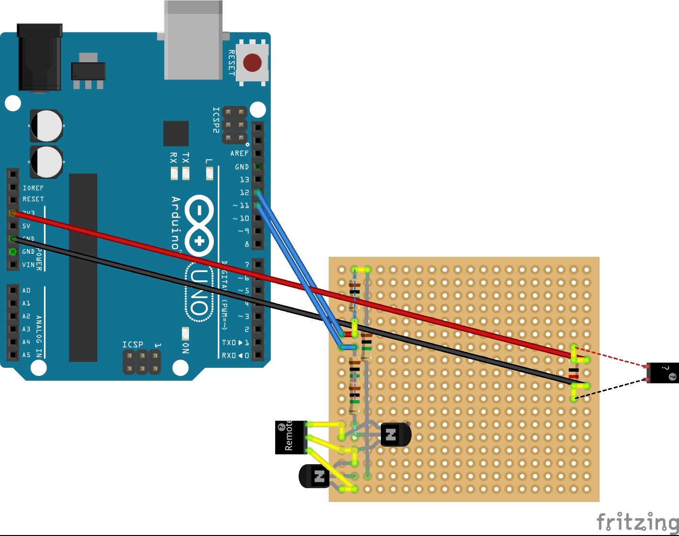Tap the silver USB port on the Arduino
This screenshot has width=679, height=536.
(x=193, y=41)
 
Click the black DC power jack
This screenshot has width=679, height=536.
(x=39, y=57)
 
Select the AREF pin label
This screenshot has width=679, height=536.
(x=239, y=153)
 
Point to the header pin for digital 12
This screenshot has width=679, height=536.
(x=258, y=193)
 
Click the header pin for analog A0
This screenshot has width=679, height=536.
(x=13, y=290)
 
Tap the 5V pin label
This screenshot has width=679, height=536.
(x=26, y=226)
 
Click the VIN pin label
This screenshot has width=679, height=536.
(x=28, y=264)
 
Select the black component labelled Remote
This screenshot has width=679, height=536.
(x=290, y=437)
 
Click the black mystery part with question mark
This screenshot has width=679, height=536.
(x=663, y=373)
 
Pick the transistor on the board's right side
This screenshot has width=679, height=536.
(x=395, y=435)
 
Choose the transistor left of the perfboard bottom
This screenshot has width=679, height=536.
(x=314, y=476)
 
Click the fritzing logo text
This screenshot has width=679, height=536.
(x=637, y=522)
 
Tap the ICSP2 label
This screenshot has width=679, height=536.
(x=216, y=120)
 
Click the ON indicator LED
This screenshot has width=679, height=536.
(x=186, y=333)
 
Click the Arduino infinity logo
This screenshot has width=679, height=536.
(x=200, y=225)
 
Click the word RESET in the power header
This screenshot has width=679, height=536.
(x=33, y=199)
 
